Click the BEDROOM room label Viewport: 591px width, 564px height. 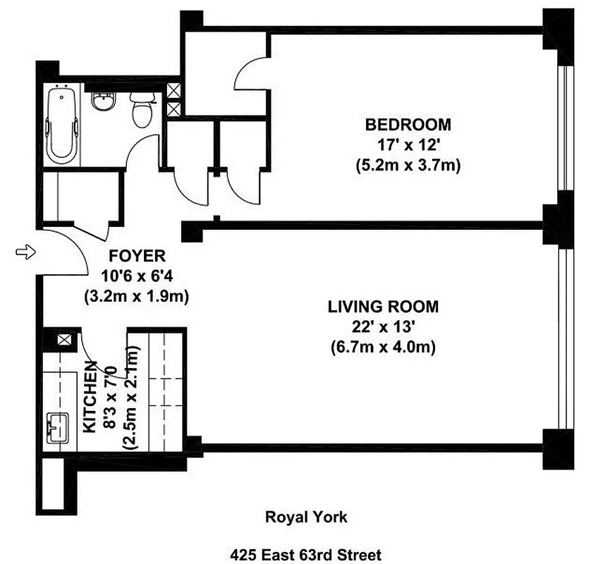(x=408, y=125)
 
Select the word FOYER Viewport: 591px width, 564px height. (x=138, y=255)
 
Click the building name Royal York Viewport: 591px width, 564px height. (x=305, y=517)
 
